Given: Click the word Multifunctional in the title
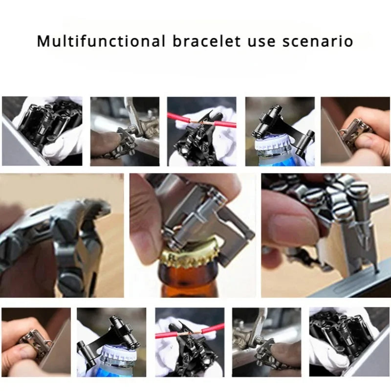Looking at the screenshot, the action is coord(101,41).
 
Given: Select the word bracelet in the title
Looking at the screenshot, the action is coord(207,41).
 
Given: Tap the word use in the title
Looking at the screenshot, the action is coord(261,43).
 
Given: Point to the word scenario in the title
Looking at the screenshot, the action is coord(318,42).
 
